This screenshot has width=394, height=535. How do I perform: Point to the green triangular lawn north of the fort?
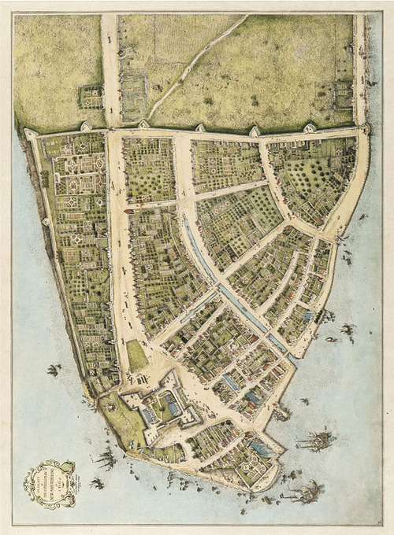click(136, 356)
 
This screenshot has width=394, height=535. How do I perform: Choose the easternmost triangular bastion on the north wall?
click(310, 127)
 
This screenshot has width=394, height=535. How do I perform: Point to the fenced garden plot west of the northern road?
click(91, 98)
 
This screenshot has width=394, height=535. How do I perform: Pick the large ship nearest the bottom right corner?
click(303, 492)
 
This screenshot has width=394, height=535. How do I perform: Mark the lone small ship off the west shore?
click(54, 370)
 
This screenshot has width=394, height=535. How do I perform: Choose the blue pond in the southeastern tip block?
click(260, 449)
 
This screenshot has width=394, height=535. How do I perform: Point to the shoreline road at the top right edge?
click(360, 63)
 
